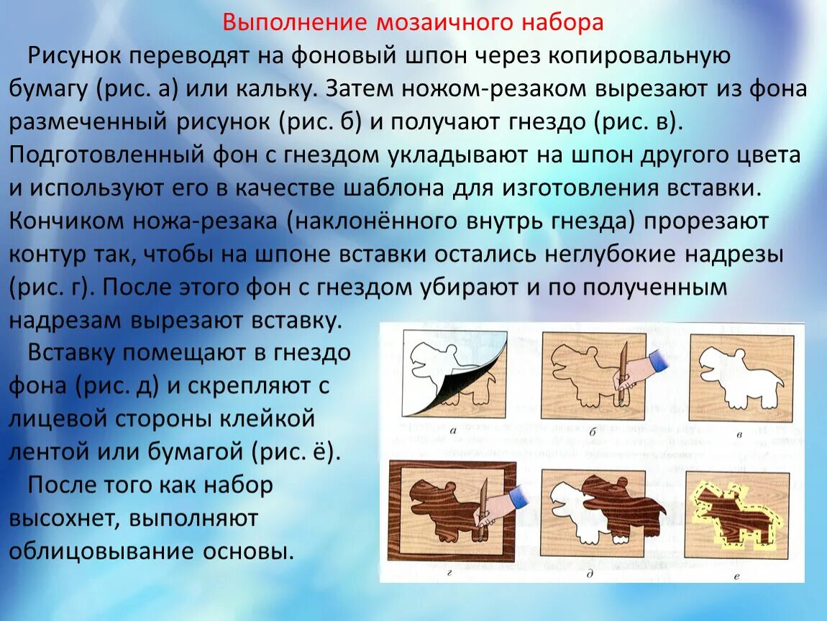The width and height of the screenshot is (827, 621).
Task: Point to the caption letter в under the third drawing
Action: (x=740, y=435)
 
